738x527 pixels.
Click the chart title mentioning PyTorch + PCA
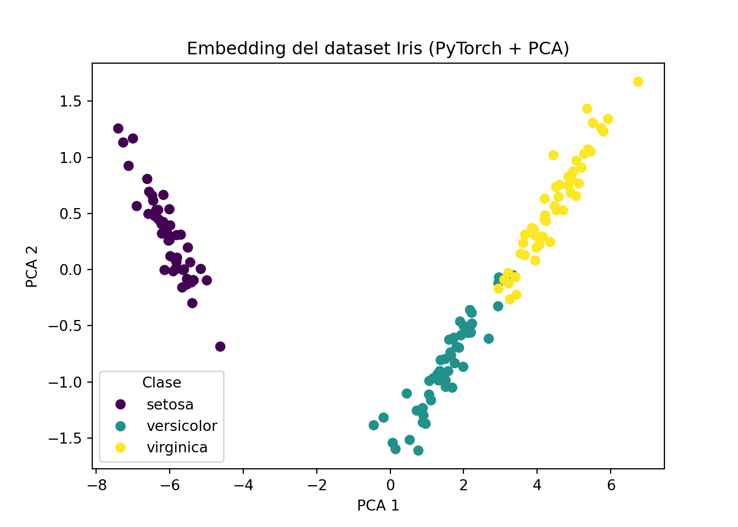pyautogui.click(x=378, y=49)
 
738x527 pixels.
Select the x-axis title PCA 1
pyautogui.click(x=378, y=506)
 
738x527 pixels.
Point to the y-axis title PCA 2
pyautogui.click(x=32, y=266)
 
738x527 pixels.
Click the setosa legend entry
pyautogui.click(x=170, y=405)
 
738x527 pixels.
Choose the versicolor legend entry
pyautogui.click(x=182, y=426)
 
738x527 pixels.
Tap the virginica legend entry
pyautogui.click(x=177, y=447)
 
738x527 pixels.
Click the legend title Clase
pyautogui.click(x=161, y=383)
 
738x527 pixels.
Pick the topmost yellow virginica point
pyautogui.click(x=638, y=82)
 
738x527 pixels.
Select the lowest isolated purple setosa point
pyautogui.click(x=220, y=346)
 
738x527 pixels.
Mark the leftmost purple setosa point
pyautogui.click(x=118, y=128)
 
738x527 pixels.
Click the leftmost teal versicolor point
pyautogui.click(x=374, y=425)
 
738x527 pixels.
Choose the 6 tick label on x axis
pyautogui.click(x=611, y=485)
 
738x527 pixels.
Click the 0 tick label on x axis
pyautogui.click(x=390, y=485)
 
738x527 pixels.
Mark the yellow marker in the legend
pyautogui.click(x=120, y=447)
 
